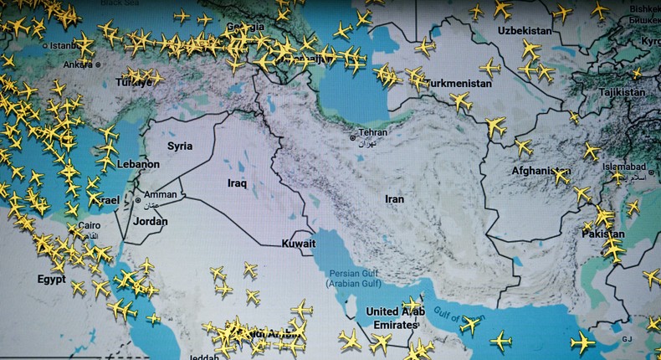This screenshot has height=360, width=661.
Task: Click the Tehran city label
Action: (x=373, y=132)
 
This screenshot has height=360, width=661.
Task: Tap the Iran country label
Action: (x=394, y=199)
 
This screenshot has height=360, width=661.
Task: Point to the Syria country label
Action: (x=180, y=146)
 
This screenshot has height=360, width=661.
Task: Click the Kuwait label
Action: (x=299, y=244)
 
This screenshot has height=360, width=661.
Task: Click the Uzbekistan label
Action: (x=525, y=31)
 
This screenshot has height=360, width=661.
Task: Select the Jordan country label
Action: (x=151, y=222)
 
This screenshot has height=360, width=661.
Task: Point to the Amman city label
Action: (x=160, y=193)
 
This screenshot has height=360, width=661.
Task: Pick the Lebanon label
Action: (x=139, y=165)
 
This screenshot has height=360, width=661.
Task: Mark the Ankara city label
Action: (x=79, y=63)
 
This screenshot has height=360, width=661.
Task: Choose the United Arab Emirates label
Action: (x=396, y=318)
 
